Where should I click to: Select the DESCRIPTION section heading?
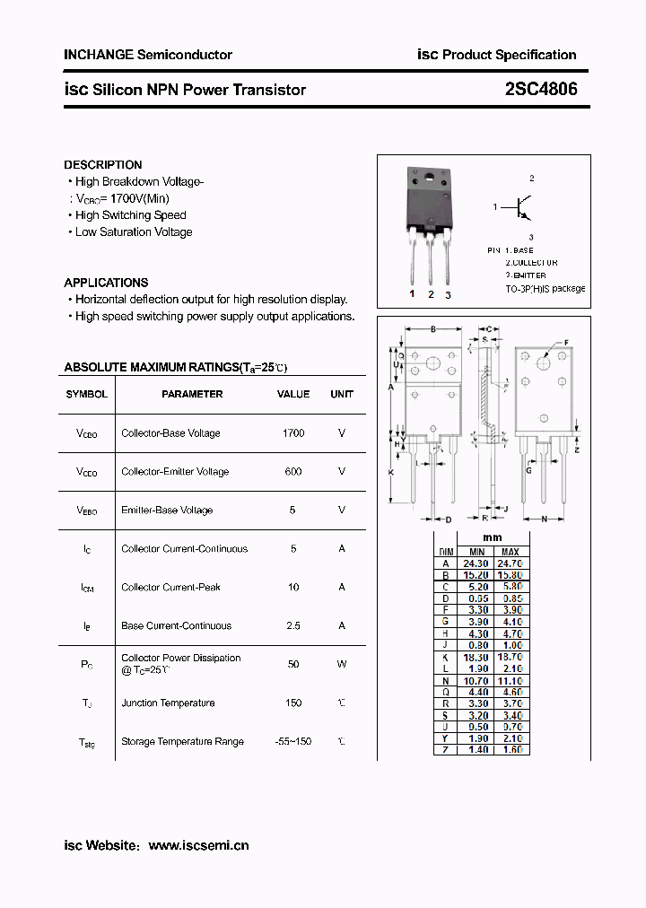[102, 165]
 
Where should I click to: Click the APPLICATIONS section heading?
[106, 283]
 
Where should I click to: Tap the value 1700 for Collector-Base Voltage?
[293, 433]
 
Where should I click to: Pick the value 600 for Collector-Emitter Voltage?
[293, 472]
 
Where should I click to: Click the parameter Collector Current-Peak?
[170, 588]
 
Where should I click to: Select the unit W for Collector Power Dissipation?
[342, 665]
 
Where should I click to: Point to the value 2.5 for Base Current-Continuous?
[293, 626]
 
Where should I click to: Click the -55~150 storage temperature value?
[293, 742]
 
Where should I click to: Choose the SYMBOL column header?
[86, 394]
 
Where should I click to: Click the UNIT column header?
[342, 394]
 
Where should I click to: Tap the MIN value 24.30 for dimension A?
[477, 563]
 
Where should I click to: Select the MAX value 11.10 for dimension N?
[511, 681]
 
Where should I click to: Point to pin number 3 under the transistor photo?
[448, 294]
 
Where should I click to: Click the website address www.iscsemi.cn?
[198, 845]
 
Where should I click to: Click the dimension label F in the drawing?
[566, 343]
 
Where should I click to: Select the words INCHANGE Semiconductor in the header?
[148, 55]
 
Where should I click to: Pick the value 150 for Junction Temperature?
[293, 703]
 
